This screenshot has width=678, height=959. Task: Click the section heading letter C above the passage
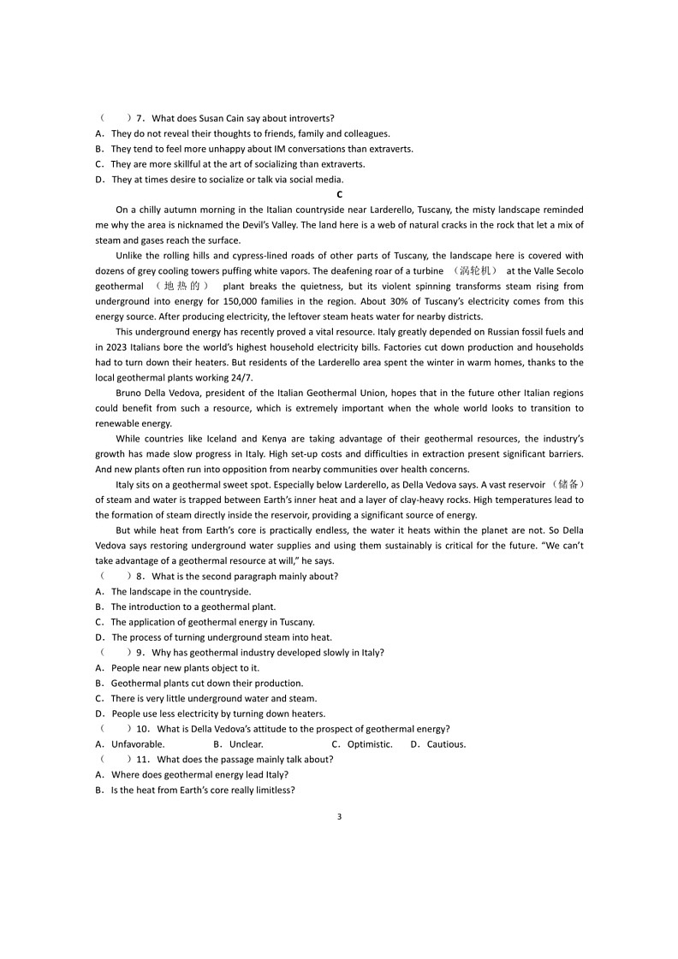coord(339,194)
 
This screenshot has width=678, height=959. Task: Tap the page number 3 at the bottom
coord(339,816)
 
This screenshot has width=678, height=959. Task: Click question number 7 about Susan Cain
coord(140,118)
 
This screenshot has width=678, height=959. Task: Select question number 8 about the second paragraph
coord(140,576)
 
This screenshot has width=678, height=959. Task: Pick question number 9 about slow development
coord(140,652)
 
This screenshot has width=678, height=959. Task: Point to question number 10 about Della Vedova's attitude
coord(143,729)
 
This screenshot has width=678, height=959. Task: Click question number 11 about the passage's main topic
coord(143,759)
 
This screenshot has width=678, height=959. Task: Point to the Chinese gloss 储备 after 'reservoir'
coord(570,484)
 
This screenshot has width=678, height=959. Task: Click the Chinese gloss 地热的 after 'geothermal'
coord(181,286)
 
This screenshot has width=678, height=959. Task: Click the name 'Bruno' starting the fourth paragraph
coord(129,393)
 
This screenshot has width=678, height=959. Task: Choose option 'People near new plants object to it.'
coord(185,667)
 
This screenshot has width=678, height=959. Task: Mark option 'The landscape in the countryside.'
coord(181,591)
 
